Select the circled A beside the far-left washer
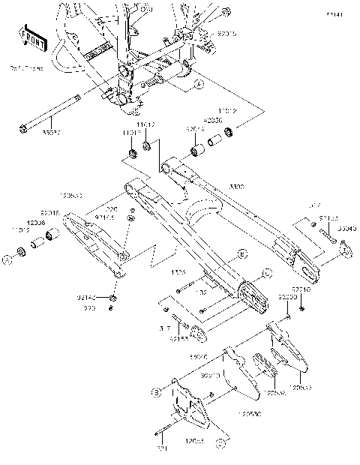[x=6, y=259]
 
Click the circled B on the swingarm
[x=241, y=255]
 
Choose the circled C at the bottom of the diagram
[x=220, y=443]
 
